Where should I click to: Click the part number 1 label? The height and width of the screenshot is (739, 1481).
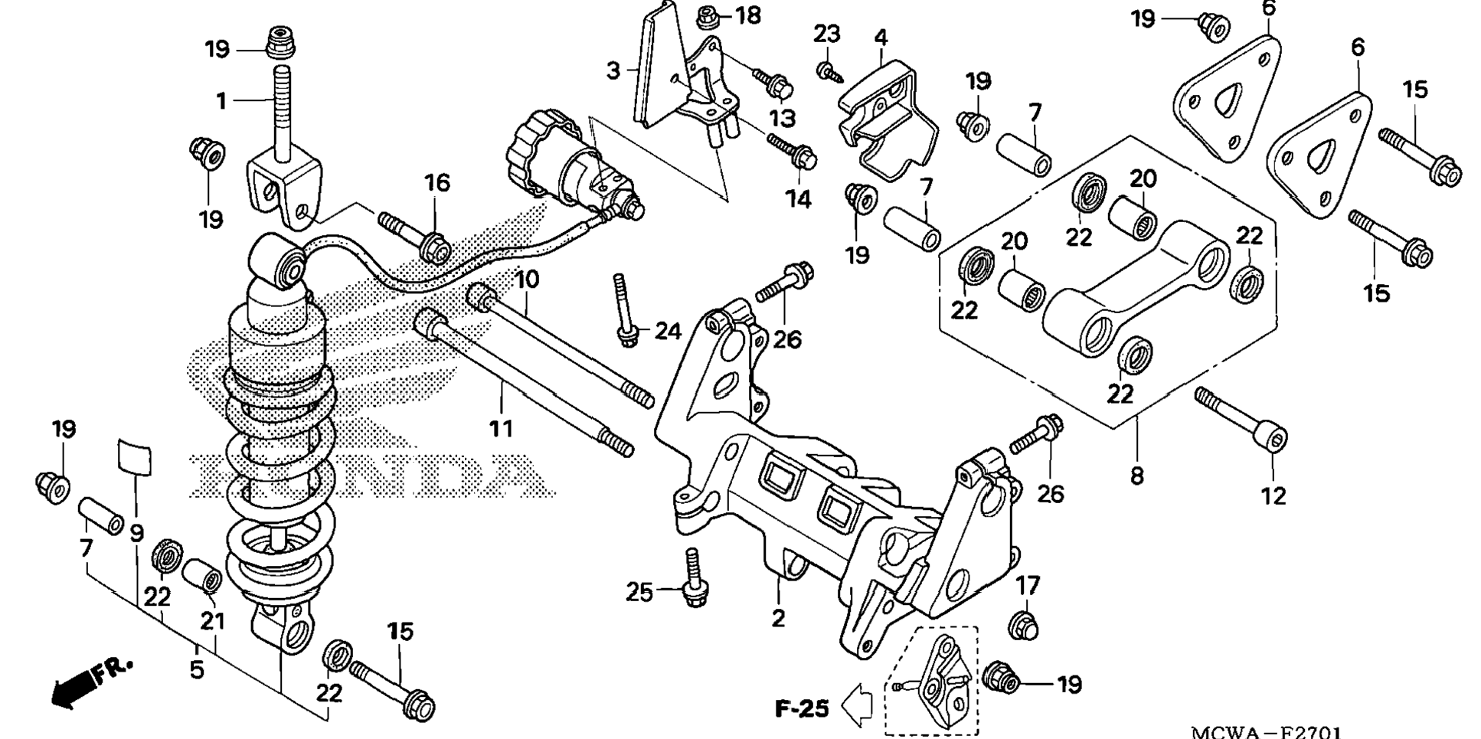[x=221, y=101]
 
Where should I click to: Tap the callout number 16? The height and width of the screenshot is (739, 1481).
[x=437, y=183]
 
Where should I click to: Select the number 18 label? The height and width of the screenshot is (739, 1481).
[x=748, y=15]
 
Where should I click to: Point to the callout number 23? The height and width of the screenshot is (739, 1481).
[x=827, y=34]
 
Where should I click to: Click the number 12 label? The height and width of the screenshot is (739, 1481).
[x=1273, y=496]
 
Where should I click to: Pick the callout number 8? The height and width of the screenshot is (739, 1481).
[x=1137, y=476]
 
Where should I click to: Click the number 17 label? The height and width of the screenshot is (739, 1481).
[x=1028, y=586]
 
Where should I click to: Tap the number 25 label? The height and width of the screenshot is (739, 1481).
[x=639, y=592]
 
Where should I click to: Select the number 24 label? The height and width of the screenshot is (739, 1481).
[x=668, y=332]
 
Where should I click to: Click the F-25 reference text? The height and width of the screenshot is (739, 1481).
[x=802, y=709]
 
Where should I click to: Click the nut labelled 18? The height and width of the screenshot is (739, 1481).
[x=706, y=15]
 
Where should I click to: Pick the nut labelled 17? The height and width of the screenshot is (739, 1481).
[x=1022, y=625]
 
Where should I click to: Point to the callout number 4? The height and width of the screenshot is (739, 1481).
[x=881, y=37]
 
